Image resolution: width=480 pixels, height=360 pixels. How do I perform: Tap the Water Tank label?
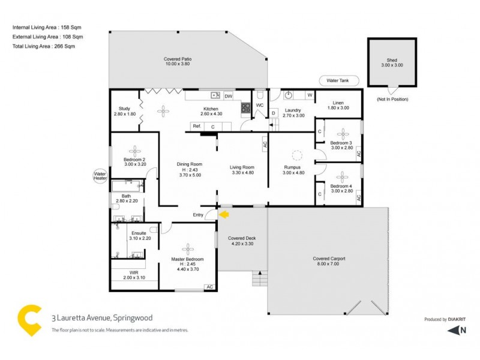(338, 80)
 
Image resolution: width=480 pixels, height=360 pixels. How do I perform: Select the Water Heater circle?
(100, 176)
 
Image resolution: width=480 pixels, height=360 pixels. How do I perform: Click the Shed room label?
(392, 61)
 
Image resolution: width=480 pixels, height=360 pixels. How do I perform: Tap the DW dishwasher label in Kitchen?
(228, 95)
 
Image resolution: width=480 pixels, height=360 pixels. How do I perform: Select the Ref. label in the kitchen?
(196, 126)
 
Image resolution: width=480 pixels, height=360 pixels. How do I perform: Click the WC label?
(260, 105)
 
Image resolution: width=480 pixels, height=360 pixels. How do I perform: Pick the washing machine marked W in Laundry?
(310, 95)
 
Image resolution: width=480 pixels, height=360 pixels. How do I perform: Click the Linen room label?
(338, 103)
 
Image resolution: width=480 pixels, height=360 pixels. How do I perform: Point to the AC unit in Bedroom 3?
(359, 154)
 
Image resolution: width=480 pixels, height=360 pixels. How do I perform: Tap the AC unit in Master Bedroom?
(209, 287)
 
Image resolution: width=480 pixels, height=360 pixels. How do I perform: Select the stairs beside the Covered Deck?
(259, 280)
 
